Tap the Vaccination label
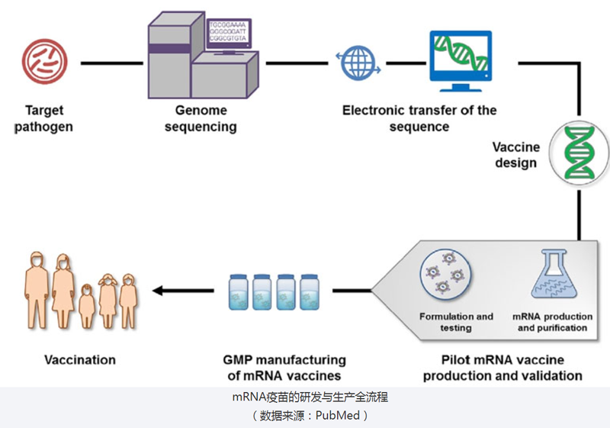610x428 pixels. [x=80, y=359]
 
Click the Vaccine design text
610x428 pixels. [x=515, y=155]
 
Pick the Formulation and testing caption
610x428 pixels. [x=456, y=322]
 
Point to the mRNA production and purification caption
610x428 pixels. [x=552, y=322]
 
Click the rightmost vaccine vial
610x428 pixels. [x=310, y=291]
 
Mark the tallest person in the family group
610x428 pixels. [x=63, y=286]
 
